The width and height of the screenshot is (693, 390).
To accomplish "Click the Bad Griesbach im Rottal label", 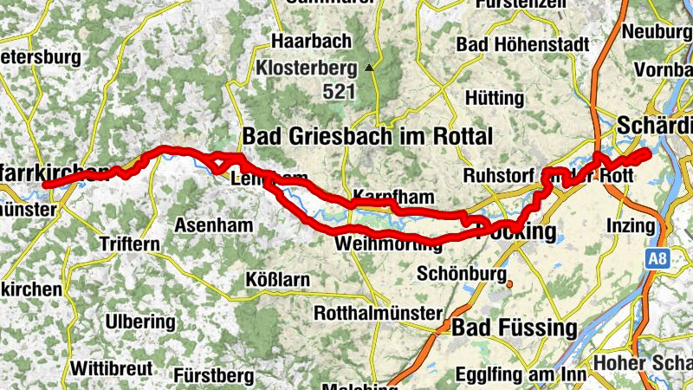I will (x=367, y=136).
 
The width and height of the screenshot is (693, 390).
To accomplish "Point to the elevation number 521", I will (x=339, y=89).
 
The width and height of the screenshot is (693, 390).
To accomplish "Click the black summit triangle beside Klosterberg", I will (x=370, y=67).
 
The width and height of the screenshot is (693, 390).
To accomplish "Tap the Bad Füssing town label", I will (x=514, y=328).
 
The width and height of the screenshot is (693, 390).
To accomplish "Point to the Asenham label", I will (x=213, y=225).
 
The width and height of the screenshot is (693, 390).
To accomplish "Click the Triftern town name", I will (x=130, y=244).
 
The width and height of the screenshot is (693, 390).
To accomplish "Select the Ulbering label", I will (x=139, y=322).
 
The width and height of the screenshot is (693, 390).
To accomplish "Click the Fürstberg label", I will (x=214, y=375).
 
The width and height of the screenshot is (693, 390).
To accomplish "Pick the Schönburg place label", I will (x=461, y=274).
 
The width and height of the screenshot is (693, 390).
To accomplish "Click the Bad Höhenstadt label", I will (x=522, y=43).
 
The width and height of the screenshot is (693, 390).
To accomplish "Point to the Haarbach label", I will (x=311, y=41).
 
